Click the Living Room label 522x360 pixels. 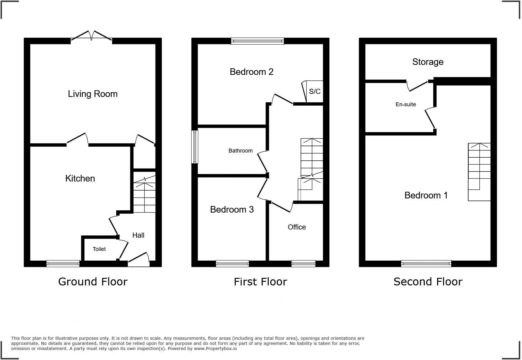tap(92, 94)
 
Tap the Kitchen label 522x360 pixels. tap(80, 178)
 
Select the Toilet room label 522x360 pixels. tap(99, 249)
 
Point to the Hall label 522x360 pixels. tap(138, 235)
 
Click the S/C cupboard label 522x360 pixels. tap(314, 92)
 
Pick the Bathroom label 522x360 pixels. tap(240, 151)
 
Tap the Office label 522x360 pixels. tap(297, 227)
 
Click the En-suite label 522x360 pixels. tap(406, 104)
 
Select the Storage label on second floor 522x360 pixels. tap(428, 62)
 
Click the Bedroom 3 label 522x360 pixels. tap(232, 210)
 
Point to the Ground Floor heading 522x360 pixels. tap(93, 282)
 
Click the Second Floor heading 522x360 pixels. tap(428, 282)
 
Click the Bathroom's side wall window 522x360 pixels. tap(195, 147)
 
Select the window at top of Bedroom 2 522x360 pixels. tap(257, 41)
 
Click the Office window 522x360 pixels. tap(303, 264)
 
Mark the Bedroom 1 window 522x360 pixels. tap(426, 264)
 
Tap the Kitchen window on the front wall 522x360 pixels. tap(63, 264)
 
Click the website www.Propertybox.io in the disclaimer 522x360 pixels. tap(215, 349)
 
